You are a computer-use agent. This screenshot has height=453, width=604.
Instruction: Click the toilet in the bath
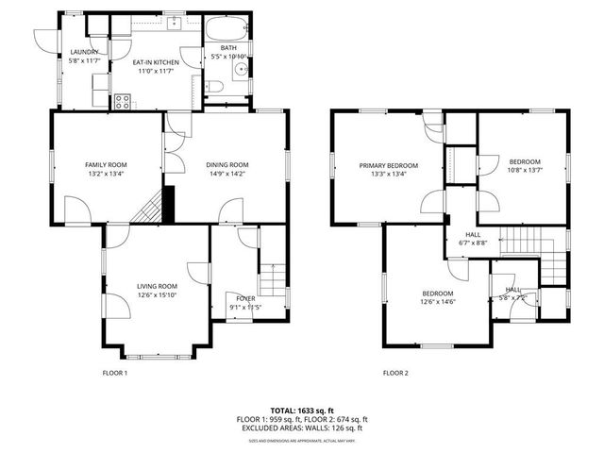point(216,88)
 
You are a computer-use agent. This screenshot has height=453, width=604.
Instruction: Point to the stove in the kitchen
point(122,100)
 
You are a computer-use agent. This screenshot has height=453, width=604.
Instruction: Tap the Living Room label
point(157,290)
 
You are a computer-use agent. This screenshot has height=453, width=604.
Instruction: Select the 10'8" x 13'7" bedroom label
point(525,165)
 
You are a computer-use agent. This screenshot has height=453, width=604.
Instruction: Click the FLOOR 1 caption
point(114,373)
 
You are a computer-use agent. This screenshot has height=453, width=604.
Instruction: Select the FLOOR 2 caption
point(395,373)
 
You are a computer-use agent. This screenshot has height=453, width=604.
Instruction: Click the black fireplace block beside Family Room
point(169,204)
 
